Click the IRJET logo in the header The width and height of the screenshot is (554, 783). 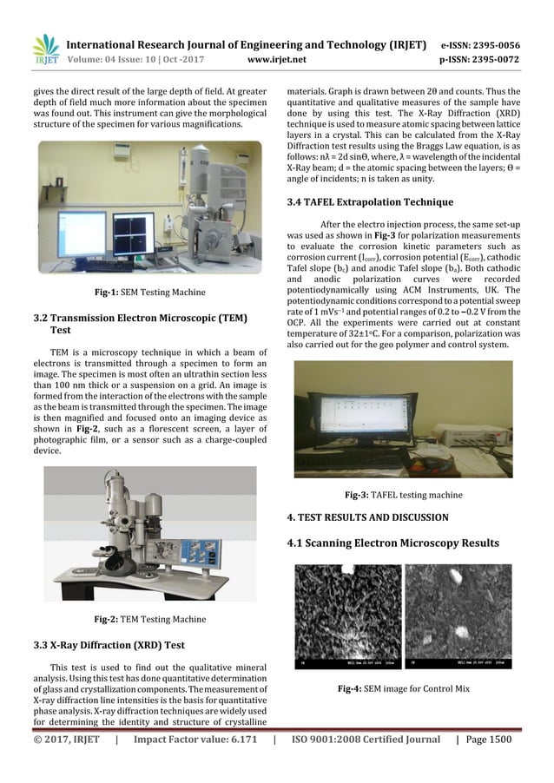[x=45, y=49]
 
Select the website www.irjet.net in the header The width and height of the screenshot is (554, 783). [x=277, y=61]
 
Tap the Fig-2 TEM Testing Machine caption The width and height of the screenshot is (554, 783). [x=150, y=619]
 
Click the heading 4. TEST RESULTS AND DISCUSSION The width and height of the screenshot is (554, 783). [x=367, y=517]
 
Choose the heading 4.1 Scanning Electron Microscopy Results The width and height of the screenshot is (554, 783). [x=392, y=543]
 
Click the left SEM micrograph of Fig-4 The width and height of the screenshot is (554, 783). [x=347, y=616]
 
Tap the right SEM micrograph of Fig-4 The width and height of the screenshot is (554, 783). [x=458, y=616]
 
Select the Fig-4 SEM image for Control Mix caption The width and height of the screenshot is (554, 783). [x=404, y=688]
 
